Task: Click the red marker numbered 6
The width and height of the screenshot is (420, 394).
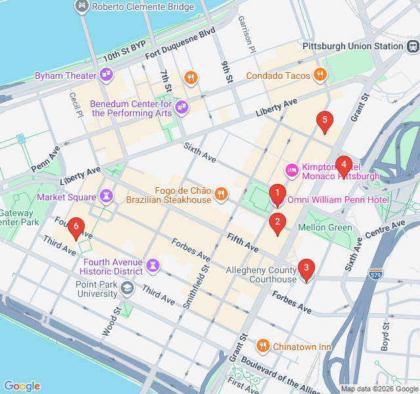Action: click(x=76, y=227)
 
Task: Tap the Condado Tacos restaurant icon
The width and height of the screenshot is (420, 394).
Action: click(x=320, y=76)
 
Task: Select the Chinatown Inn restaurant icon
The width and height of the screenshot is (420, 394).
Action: click(x=262, y=346)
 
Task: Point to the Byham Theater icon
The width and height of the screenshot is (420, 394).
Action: click(x=106, y=76)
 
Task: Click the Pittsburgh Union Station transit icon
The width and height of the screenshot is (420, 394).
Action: click(x=412, y=47)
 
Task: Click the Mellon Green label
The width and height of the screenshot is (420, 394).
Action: click(x=325, y=227)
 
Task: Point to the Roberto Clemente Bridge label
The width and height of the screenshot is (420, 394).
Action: click(x=142, y=7)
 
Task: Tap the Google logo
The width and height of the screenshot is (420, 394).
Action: click(x=22, y=386)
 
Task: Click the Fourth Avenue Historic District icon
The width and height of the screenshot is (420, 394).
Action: click(x=153, y=265)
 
